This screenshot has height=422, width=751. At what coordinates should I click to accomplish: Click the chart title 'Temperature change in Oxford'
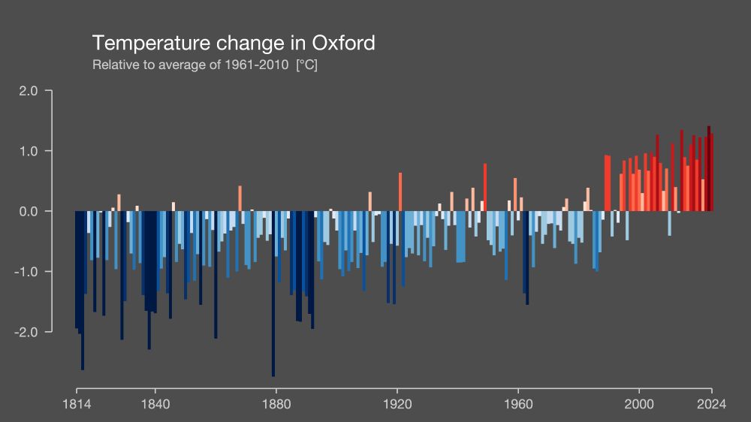(233, 43)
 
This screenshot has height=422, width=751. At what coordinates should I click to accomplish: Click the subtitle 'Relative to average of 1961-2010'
(190, 65)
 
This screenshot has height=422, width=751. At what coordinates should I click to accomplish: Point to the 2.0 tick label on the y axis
(28, 91)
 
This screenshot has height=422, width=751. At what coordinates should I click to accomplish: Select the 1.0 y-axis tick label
(28, 151)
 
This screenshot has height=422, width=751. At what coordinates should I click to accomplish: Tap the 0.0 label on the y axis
(28, 211)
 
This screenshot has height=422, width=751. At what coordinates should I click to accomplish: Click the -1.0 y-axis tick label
(26, 271)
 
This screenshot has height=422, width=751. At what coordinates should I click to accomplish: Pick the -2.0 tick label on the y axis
(26, 331)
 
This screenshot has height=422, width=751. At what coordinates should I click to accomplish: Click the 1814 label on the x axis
(77, 404)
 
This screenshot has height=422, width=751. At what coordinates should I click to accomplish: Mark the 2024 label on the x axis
(711, 404)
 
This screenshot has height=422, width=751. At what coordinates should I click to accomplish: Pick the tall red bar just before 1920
(400, 192)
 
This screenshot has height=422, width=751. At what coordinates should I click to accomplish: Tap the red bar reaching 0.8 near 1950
(485, 188)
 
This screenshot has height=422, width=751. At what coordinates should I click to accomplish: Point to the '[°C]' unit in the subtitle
(307, 65)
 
